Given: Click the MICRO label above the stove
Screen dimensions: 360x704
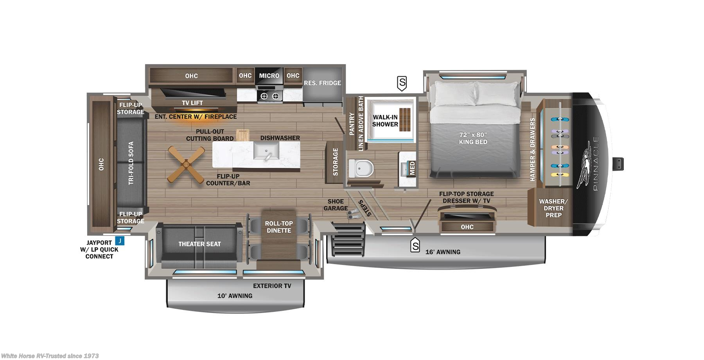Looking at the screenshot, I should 269,76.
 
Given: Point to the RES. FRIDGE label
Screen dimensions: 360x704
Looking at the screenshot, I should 322,83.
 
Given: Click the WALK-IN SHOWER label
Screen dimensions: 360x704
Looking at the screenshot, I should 385,121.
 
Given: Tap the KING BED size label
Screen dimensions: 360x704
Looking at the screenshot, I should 473,138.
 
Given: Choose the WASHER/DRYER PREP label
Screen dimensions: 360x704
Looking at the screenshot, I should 553,208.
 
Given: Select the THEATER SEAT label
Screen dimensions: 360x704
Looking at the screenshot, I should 199,244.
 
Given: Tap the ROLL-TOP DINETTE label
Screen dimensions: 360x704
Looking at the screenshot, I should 278,227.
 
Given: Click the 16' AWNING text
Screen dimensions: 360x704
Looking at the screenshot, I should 443,252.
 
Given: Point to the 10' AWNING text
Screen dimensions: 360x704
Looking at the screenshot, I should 235,296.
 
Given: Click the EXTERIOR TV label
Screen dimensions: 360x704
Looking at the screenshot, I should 272,286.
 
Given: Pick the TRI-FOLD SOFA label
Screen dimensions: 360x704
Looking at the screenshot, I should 131,163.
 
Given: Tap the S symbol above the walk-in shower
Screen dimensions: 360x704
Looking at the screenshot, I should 402,83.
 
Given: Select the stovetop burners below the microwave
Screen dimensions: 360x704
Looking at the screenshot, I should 269,96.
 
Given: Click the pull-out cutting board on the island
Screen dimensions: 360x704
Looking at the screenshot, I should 242,135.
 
